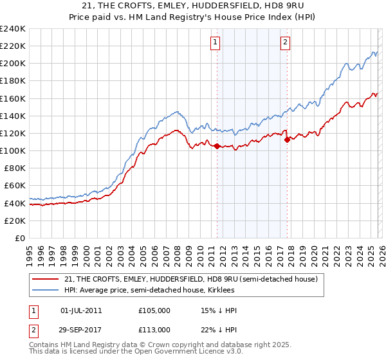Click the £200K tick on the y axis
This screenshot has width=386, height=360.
click(13, 64)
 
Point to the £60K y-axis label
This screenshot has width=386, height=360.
click(15, 186)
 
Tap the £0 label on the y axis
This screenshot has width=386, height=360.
click(20, 238)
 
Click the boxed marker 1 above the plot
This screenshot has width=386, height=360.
click(215, 42)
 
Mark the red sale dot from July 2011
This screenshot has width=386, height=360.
click(217, 146)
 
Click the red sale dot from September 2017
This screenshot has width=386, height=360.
click(288, 139)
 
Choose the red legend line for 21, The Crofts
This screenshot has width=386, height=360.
click(46, 279)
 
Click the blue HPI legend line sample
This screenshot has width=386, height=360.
click(46, 290)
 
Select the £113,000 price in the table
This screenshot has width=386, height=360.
click(154, 329)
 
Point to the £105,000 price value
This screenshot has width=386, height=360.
click(154, 310)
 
